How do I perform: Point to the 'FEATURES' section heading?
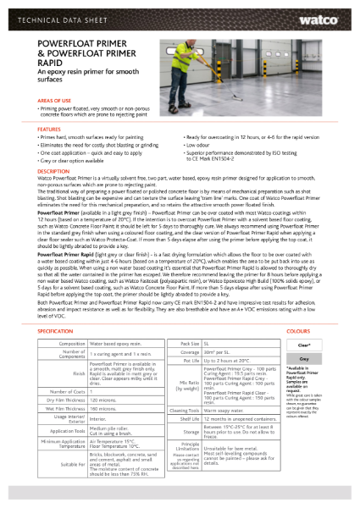pos(49,129)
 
